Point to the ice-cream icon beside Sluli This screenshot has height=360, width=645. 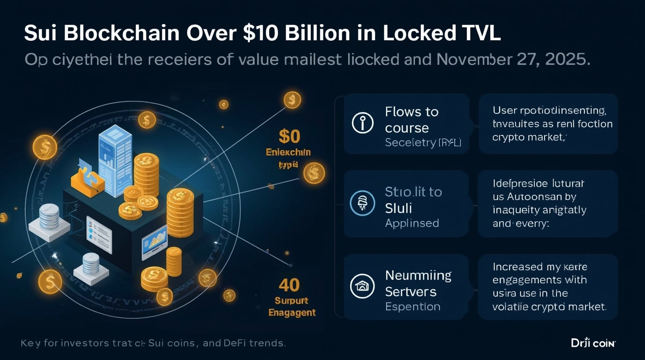[x=362, y=203]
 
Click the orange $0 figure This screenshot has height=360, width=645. [x=289, y=136]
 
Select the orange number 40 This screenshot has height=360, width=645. [x=289, y=285]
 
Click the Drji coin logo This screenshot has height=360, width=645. [x=593, y=343]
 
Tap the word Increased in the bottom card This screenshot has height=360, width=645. [x=517, y=267]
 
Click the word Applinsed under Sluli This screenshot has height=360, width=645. [x=412, y=223]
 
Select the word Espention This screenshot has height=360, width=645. [x=412, y=307]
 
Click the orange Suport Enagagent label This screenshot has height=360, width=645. [x=292, y=306]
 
